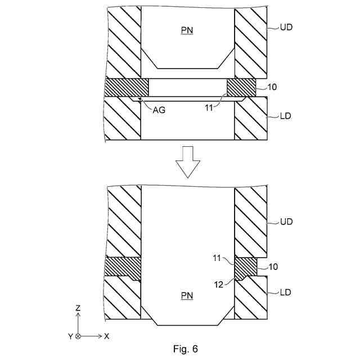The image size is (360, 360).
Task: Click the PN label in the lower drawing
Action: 187,296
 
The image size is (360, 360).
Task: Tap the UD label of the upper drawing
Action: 287,26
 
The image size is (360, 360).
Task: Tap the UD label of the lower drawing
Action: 287,222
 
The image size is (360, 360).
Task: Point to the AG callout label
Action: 159,110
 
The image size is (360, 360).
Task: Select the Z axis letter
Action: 78,308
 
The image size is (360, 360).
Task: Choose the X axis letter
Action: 106,336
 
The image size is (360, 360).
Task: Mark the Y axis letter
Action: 69,336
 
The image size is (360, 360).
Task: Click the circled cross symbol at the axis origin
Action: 78,336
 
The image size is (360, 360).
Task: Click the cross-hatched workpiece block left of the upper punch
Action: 127,87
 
